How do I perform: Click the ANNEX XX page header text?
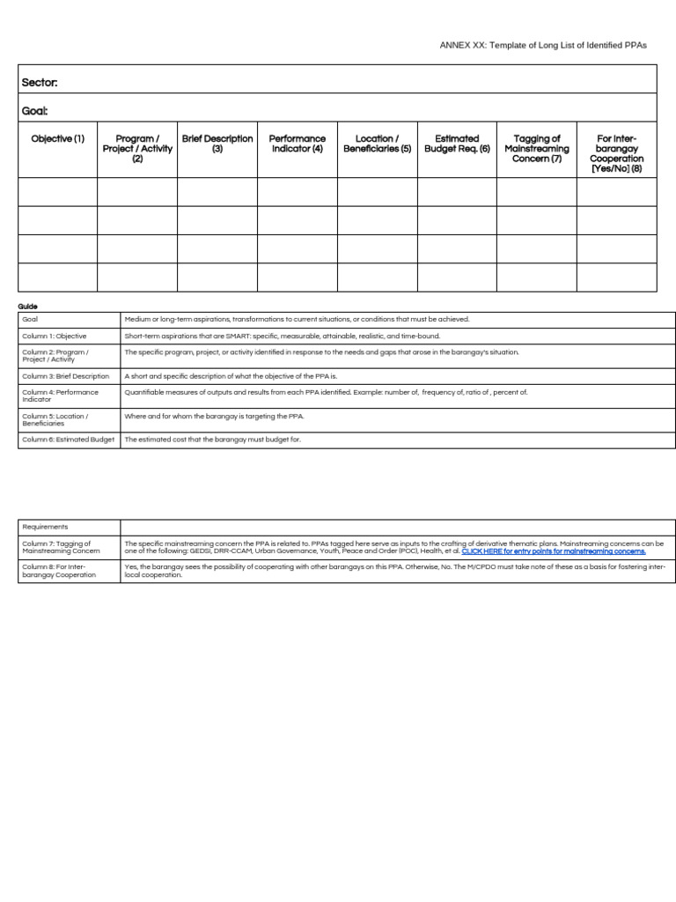[x=543, y=45]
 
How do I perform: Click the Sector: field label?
[x=40, y=83]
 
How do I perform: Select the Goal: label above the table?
[x=35, y=111]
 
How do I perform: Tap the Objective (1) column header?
[x=58, y=139]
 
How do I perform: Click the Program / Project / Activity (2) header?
[x=137, y=149]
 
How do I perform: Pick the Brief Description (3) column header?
[x=217, y=144]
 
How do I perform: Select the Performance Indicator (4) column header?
[x=298, y=144]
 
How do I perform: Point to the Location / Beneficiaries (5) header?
[x=377, y=144]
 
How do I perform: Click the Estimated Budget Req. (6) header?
[x=457, y=144]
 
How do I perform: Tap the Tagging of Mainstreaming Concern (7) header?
[x=537, y=149]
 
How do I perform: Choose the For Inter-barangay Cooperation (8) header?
[x=616, y=153]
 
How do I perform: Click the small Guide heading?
[x=28, y=307]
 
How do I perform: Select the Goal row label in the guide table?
[x=30, y=319]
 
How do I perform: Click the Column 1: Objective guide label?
[x=55, y=336]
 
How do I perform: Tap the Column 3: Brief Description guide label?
[x=66, y=376]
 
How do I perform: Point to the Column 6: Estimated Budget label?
[x=69, y=439]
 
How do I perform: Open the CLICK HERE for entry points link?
[x=553, y=551]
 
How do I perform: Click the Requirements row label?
[x=45, y=527]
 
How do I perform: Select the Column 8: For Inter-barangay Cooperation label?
[x=59, y=571]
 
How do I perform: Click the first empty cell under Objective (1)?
[x=58, y=192]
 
